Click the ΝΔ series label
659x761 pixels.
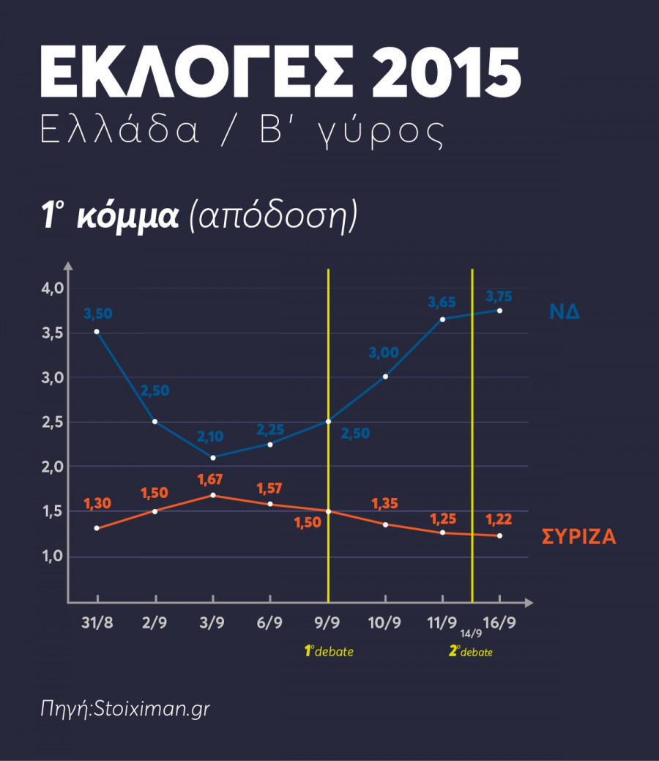[x=565, y=311]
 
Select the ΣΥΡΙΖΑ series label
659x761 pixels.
[x=578, y=537]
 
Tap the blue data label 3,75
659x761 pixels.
[x=499, y=297]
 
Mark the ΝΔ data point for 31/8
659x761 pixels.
[x=97, y=332]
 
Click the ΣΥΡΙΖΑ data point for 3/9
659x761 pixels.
[x=213, y=495]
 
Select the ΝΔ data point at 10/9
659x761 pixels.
[x=385, y=376]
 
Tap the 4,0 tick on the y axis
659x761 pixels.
[x=53, y=288]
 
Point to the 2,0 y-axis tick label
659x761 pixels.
[x=53, y=467]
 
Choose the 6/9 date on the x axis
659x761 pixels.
[x=270, y=623]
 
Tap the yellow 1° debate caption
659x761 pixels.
[x=329, y=651]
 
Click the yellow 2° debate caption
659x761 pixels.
[x=471, y=651]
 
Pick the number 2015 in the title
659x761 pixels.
[x=455, y=73]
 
